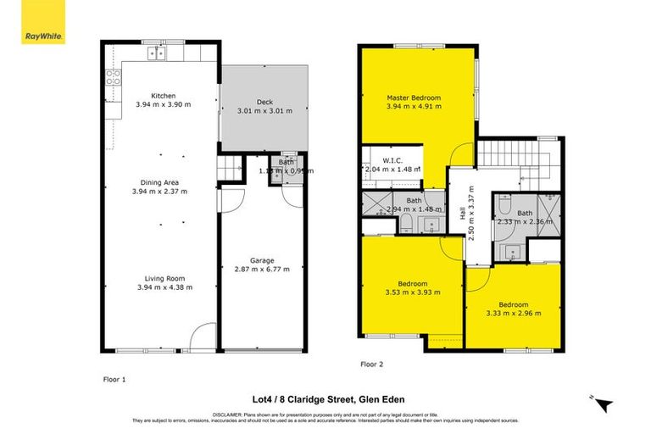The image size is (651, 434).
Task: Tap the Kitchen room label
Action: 163,96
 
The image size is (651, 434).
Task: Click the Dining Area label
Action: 160,182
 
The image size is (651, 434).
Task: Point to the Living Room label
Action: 164,278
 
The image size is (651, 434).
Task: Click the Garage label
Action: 261,260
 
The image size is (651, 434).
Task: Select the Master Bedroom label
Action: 415,97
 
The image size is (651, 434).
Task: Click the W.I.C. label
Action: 391,159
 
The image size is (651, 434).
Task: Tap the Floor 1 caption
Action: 114,381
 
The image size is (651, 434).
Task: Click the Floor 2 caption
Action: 372,364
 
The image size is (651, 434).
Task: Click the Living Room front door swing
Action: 200,338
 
